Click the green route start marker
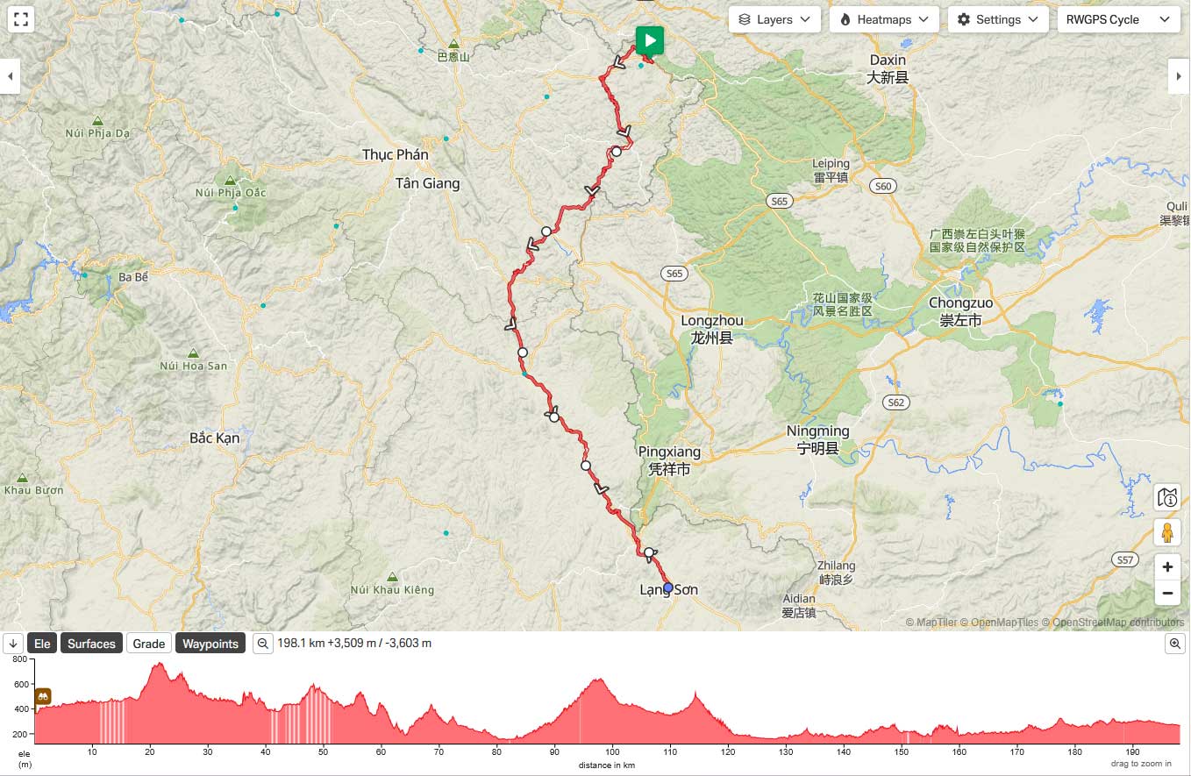click(x=649, y=40)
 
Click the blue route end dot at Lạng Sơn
click(x=668, y=587)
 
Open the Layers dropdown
click(x=774, y=19)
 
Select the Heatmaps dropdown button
click(x=884, y=19)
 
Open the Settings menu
click(x=998, y=19)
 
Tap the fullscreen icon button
click(x=22, y=19)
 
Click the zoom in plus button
click(x=1167, y=566)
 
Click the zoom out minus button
click(x=1167, y=593)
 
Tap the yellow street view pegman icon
click(x=1167, y=531)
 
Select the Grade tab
click(x=149, y=644)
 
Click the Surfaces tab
click(x=91, y=644)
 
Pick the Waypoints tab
click(x=210, y=644)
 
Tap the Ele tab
click(x=42, y=644)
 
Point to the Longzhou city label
click(x=711, y=321)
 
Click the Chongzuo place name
click(x=960, y=303)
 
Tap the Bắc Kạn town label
click(x=215, y=438)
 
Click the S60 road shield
click(x=882, y=186)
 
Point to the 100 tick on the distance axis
click(x=612, y=751)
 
